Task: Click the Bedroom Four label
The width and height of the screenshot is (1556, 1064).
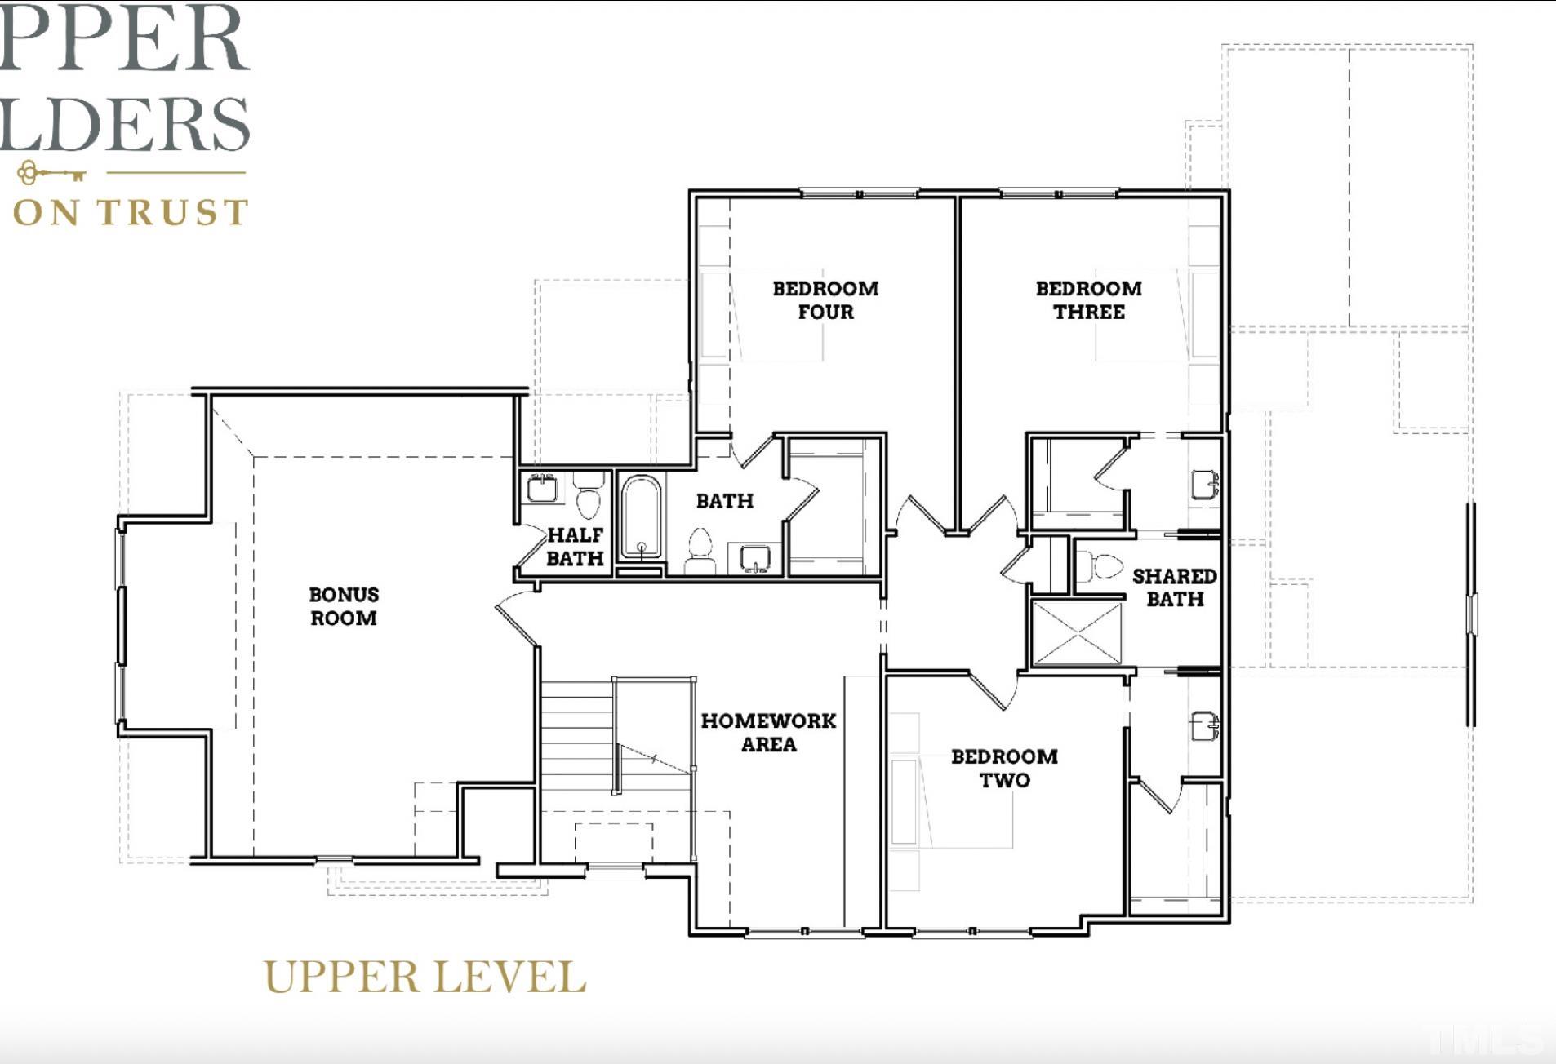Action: pyautogui.click(x=825, y=300)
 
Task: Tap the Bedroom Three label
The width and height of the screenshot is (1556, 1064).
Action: pyautogui.click(x=1088, y=300)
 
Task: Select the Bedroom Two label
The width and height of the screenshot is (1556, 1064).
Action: pyautogui.click(x=1004, y=768)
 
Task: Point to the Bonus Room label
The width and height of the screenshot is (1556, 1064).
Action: pyautogui.click(x=344, y=606)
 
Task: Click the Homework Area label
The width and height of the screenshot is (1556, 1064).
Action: pyautogui.click(x=768, y=732)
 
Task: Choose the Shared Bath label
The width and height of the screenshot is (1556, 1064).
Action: pyautogui.click(x=1174, y=587)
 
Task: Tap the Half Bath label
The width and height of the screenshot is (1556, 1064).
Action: pyautogui.click(x=575, y=547)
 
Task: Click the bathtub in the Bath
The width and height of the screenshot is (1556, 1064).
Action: pyautogui.click(x=641, y=516)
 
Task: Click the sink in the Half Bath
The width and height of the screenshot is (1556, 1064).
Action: pyautogui.click(x=541, y=489)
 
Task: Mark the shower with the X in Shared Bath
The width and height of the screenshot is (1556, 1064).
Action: pyautogui.click(x=1077, y=632)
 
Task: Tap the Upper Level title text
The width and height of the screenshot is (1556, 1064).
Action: pyautogui.click(x=425, y=977)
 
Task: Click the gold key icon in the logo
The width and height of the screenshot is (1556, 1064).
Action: pyautogui.click(x=51, y=173)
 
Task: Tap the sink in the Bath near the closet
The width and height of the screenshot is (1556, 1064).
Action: pyautogui.click(x=755, y=559)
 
